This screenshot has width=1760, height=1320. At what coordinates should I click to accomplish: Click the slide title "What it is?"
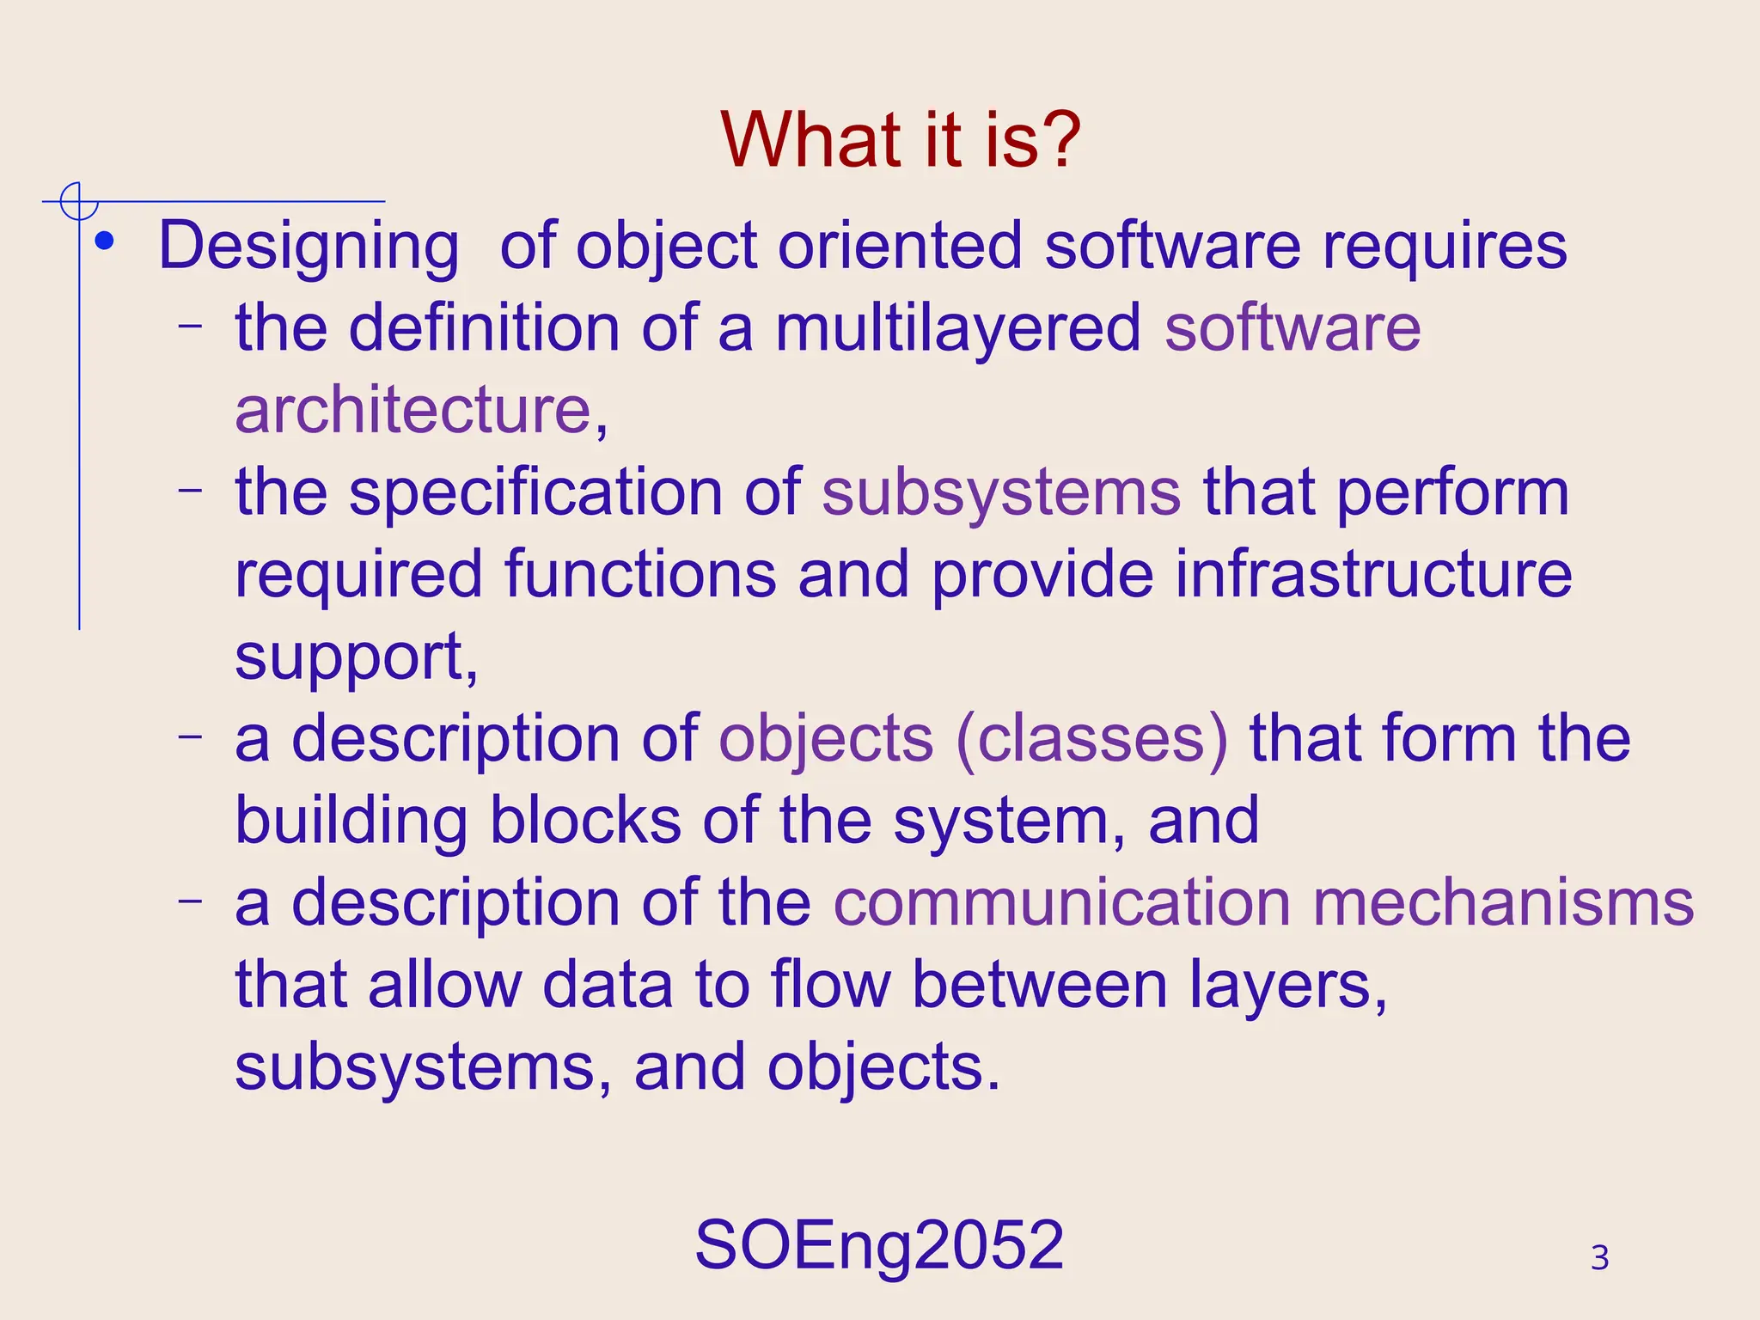click(x=900, y=140)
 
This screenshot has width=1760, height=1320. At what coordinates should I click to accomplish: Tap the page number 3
click(x=1599, y=1258)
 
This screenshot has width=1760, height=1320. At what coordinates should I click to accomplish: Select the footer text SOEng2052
click(x=879, y=1244)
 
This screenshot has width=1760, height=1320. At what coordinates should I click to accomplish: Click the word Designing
click(x=309, y=247)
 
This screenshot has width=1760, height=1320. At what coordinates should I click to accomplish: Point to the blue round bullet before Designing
click(x=105, y=242)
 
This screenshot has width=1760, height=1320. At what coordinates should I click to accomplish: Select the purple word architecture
click(x=413, y=410)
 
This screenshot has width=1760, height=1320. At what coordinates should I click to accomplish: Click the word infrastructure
click(x=1373, y=574)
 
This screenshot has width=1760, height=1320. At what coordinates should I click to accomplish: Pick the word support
click(x=350, y=657)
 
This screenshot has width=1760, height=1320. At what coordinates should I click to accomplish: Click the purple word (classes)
click(x=1092, y=739)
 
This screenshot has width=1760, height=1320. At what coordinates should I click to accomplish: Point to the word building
click(x=351, y=822)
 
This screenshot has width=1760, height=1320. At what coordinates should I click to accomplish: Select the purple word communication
click(x=1062, y=903)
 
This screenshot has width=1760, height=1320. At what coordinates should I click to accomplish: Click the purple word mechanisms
click(x=1503, y=903)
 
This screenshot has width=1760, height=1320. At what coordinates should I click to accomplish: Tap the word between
click(x=1039, y=985)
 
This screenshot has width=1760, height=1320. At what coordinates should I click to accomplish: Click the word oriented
click(x=900, y=247)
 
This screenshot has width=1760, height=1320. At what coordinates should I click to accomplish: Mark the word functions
click(x=640, y=574)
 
